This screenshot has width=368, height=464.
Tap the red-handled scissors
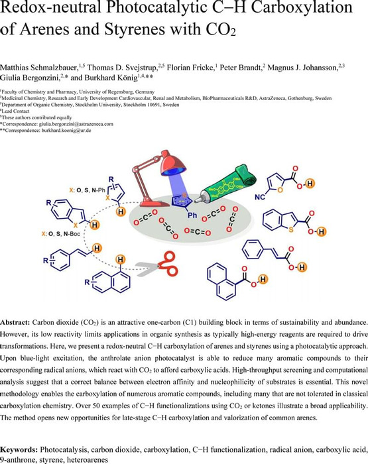point(158,264)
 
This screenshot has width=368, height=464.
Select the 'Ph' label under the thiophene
point(192,215)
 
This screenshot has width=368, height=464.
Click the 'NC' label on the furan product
point(260,196)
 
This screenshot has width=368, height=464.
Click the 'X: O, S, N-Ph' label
point(87,191)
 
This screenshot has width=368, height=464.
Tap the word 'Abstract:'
point(15,322)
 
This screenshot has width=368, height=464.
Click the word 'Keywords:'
point(19,450)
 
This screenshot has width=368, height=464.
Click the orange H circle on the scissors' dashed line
point(120,260)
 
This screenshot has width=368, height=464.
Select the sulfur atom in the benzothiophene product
point(291,229)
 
